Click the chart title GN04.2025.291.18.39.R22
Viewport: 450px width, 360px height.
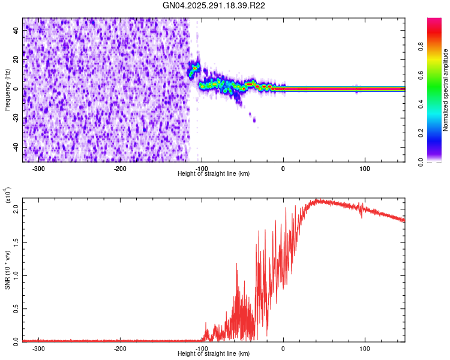(x=214, y=5)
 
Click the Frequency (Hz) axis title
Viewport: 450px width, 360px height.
(x=7, y=89)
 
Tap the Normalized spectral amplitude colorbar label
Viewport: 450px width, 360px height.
(x=445, y=90)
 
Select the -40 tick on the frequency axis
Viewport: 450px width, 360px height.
(x=16, y=147)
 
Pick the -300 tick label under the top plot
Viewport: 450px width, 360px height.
(x=39, y=169)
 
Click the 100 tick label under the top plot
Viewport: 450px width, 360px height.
(x=364, y=169)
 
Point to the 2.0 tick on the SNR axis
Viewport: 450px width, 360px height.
(x=16, y=209)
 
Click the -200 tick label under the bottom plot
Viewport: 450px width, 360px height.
(x=120, y=348)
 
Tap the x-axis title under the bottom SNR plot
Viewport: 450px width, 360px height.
(x=214, y=354)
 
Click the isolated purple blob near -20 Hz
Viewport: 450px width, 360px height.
(x=254, y=120)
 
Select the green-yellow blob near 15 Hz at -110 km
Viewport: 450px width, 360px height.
(x=194, y=69)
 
